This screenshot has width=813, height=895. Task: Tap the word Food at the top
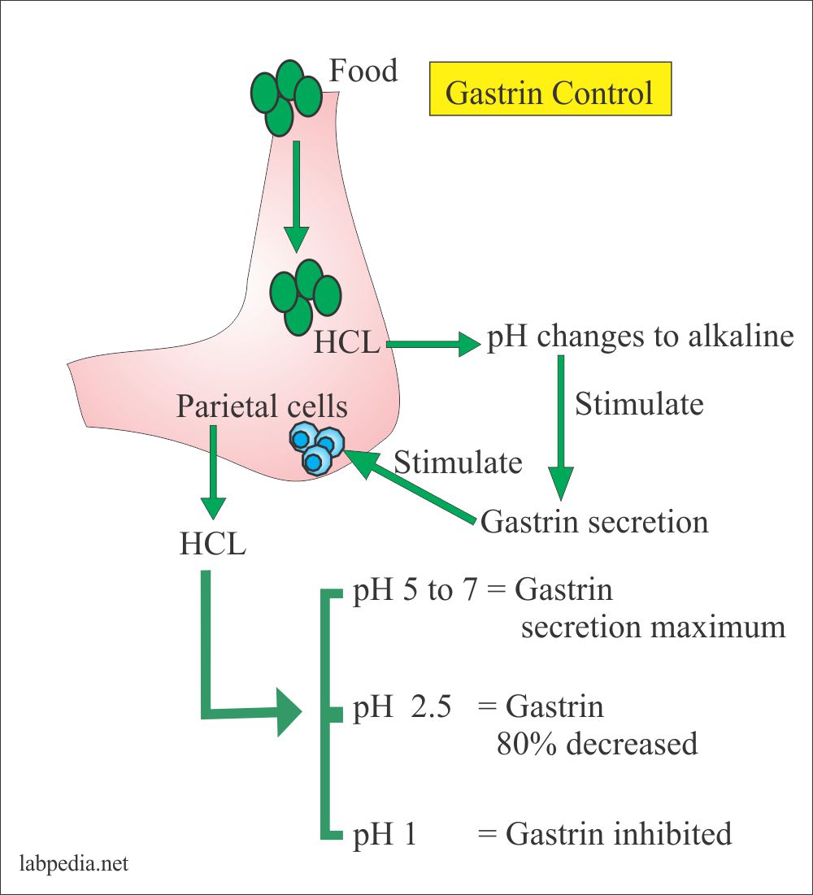click(363, 72)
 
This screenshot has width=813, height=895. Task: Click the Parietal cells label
click(262, 406)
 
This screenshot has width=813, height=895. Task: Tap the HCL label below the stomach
click(212, 544)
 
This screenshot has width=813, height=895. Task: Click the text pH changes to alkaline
click(639, 337)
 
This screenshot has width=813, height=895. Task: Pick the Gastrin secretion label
click(594, 521)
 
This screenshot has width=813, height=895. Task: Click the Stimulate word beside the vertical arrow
click(639, 404)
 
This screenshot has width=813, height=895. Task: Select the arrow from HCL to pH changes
click(433, 345)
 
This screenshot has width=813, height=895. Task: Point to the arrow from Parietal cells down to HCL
click(213, 471)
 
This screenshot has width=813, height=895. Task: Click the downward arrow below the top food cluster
click(297, 195)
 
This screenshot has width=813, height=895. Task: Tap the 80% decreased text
click(597, 744)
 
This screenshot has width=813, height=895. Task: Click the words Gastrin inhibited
click(618, 834)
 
